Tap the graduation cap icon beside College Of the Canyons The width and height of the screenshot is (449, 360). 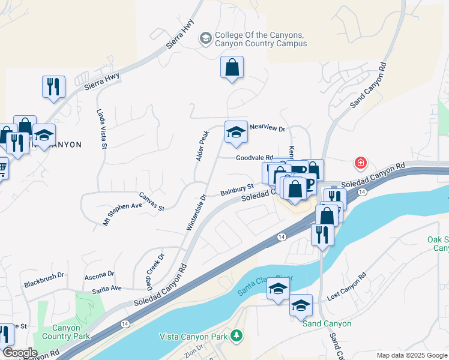point(206,38)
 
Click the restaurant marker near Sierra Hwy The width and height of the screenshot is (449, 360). point(53,86)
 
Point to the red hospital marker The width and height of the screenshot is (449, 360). point(360,163)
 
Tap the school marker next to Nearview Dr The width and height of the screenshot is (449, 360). point(236,133)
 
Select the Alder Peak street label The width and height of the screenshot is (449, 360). point(202,146)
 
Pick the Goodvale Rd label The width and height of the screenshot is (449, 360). point(255,158)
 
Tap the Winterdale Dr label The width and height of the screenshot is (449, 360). point(197,212)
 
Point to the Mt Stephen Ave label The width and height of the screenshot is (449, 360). point(122,214)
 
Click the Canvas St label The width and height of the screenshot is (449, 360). point(152,201)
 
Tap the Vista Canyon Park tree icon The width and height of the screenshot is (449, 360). point(237,334)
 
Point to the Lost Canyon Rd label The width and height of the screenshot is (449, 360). point(346,288)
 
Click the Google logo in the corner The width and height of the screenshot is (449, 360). point(20,353)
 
